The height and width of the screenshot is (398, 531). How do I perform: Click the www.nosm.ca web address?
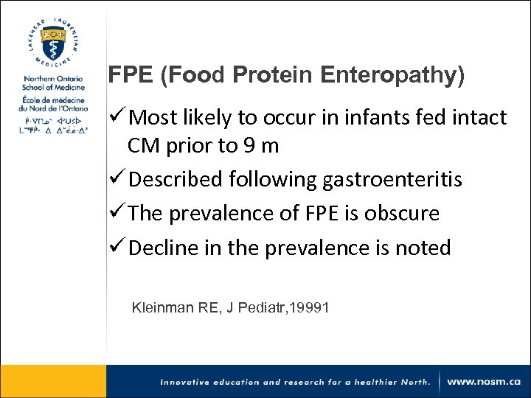pyautogui.click(x=485, y=382)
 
